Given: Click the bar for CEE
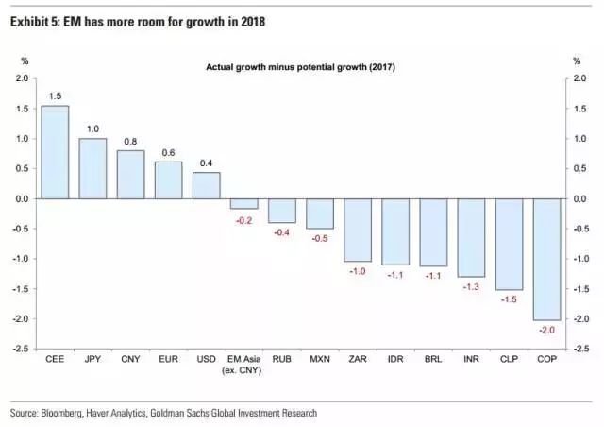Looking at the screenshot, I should tap(55, 151).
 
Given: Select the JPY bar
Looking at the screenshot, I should tap(92, 168).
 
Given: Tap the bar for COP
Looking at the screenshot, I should tap(546, 259).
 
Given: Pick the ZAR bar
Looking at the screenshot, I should tap(358, 230).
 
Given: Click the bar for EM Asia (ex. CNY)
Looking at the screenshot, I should tap(243, 203).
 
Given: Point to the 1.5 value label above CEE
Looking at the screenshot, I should tap(55, 95).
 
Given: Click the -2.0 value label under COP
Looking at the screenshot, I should tap(546, 331).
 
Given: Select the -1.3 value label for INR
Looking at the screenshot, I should tap(471, 287).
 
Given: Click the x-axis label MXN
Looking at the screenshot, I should tap(320, 360).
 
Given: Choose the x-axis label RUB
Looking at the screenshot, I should tap(281, 360).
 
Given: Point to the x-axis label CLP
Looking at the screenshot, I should tap(509, 360).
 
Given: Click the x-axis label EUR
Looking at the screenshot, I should tap(168, 360).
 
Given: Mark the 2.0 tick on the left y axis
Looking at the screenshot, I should tap(22, 78).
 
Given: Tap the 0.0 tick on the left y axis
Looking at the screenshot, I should tap(22, 199).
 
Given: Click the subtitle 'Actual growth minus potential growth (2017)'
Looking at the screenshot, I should tap(301, 66).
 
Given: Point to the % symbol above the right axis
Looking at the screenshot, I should tap(577, 61).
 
